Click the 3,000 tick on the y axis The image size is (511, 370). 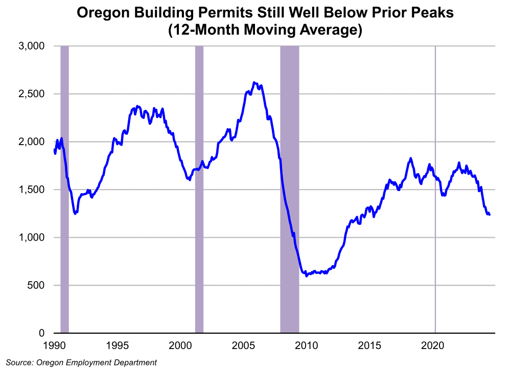pos(32,47)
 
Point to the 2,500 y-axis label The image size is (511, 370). pos(32,94)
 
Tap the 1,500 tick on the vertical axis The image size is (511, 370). pos(32,190)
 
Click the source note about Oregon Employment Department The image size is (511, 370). pos(82,362)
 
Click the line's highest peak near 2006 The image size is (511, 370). pos(254,82)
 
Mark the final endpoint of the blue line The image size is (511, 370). pos(490,215)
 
